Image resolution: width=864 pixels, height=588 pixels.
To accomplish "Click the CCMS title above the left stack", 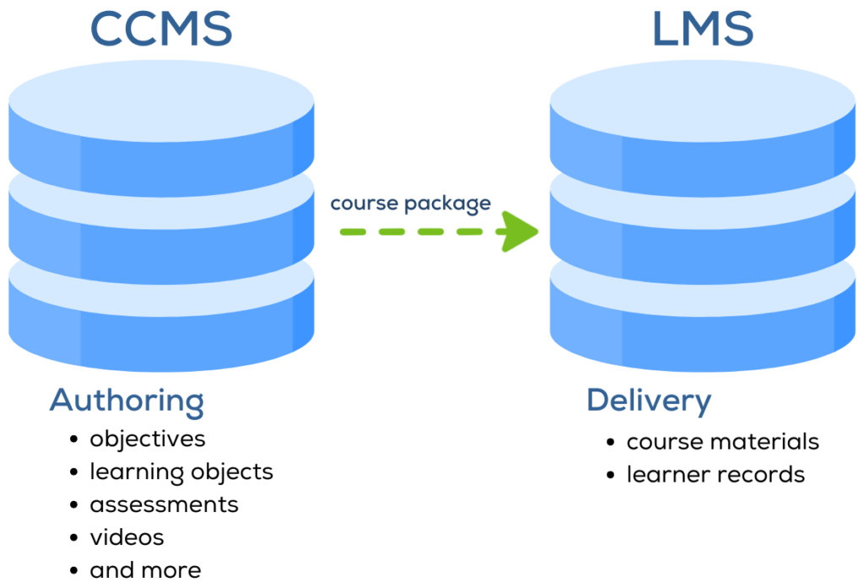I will coord(160,29).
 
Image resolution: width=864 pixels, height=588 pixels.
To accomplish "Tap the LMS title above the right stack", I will coord(702,29).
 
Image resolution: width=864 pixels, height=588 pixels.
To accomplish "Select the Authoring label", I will coord(127,401).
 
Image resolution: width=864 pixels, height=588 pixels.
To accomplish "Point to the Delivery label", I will coord(649,401).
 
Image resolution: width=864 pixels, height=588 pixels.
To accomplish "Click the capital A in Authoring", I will coord(62,399).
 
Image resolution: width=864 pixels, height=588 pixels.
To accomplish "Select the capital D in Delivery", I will coord(597,400).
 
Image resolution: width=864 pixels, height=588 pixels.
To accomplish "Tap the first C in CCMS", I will coord(107,29).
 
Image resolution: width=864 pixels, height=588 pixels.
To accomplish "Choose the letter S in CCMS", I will coord(214,29).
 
